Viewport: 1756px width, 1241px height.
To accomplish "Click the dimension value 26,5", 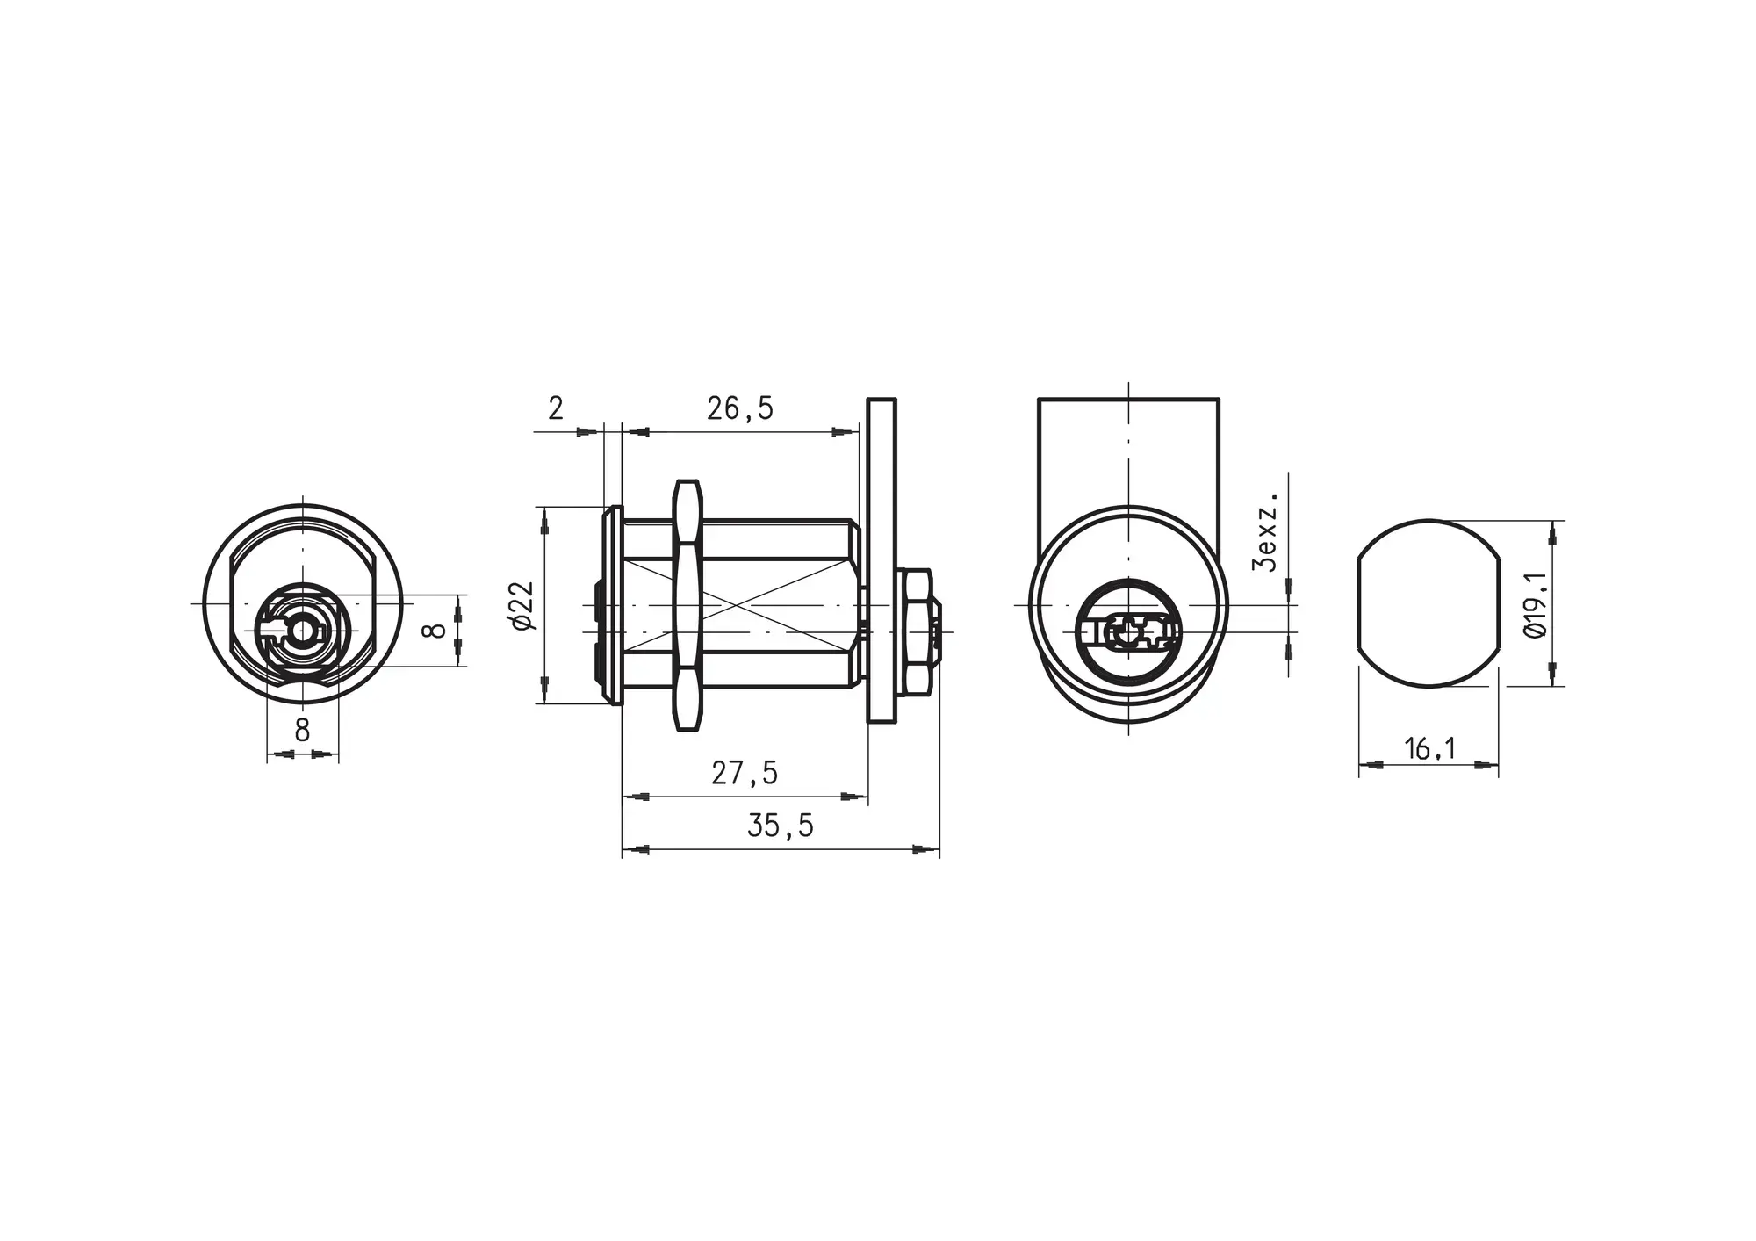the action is [740, 408].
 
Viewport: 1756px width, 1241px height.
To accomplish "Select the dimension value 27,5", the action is [745, 773].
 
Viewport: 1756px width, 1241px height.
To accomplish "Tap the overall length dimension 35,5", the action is [781, 826].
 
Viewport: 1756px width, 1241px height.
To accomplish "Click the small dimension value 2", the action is [556, 408].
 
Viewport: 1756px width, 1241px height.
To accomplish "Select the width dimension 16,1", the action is [1430, 749].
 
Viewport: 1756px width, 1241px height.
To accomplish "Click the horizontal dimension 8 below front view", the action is [303, 730].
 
